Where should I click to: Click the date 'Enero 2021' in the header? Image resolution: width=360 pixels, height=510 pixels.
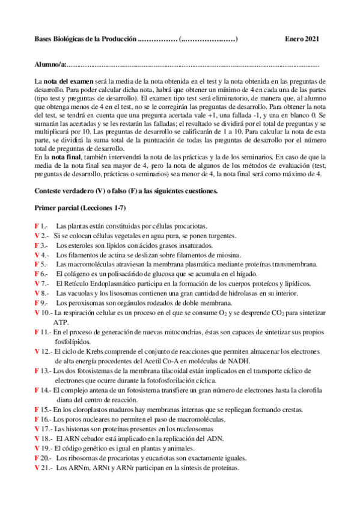click(301, 40)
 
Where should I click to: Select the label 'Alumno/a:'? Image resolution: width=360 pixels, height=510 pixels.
click(50, 64)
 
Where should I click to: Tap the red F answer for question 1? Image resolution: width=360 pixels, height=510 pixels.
click(36, 226)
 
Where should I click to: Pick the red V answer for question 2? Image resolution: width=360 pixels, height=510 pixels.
click(37, 236)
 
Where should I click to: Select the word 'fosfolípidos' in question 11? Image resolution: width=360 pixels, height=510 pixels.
click(74, 341)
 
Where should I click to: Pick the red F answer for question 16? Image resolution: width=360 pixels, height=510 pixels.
click(36, 419)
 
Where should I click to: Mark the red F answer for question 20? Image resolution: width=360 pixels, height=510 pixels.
click(36, 458)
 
